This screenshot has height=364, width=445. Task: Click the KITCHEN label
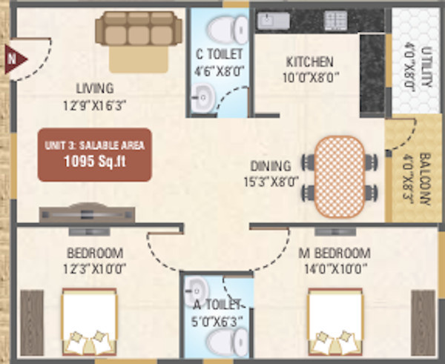310,62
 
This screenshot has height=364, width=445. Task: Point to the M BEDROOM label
334,253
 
